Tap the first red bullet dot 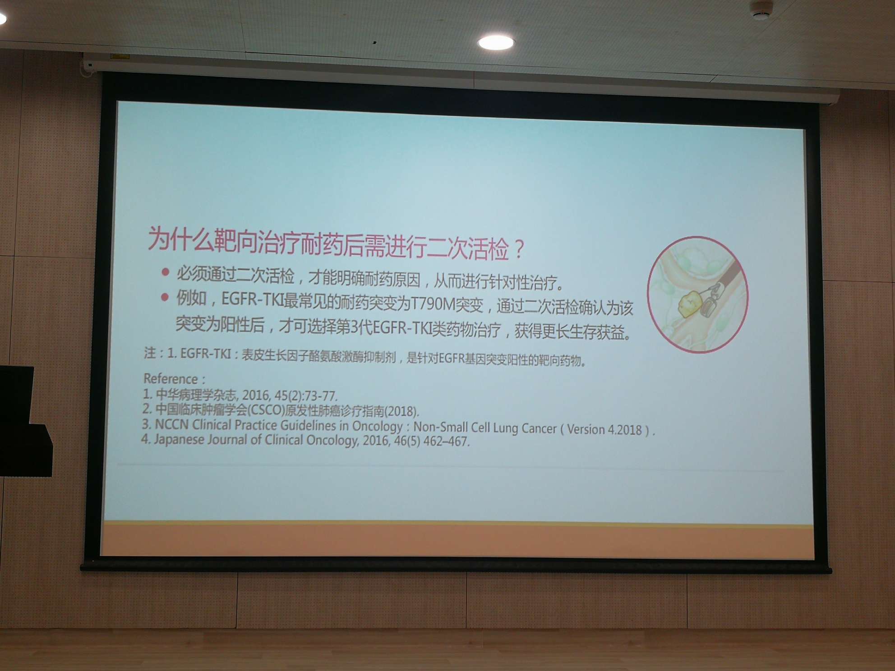click(x=165, y=272)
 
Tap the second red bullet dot click(x=165, y=297)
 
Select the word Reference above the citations click(x=171, y=378)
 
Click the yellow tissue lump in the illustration click(x=689, y=303)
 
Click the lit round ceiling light click(x=496, y=42)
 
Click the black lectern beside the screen click(x=23, y=422)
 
